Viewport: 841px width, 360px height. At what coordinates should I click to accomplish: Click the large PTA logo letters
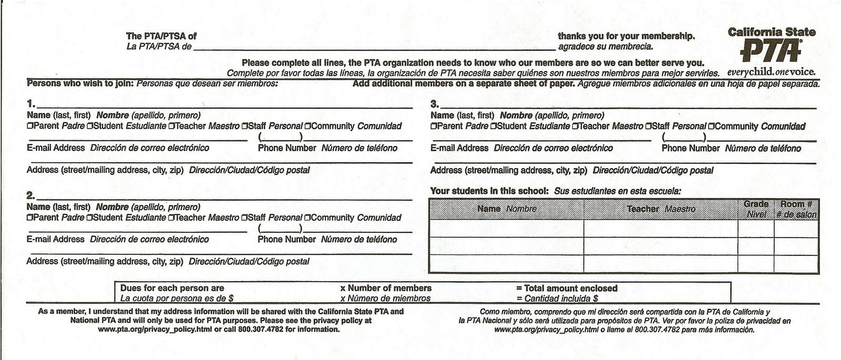771,51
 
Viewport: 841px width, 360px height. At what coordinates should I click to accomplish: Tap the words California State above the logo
771,32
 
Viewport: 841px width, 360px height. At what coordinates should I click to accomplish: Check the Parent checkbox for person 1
29,126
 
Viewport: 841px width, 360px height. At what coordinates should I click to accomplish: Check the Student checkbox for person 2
89,218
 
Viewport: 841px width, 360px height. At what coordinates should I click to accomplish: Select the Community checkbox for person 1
307,126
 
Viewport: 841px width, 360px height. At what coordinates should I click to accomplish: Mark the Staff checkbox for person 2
244,218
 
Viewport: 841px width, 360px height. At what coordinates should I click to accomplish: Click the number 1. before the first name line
31,103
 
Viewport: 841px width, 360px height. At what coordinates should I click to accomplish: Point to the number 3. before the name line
434,104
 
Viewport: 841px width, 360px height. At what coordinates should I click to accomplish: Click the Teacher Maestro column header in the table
661,209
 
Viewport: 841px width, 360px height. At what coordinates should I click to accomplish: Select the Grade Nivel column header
756,209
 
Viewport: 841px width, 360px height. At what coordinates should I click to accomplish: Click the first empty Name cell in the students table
506,229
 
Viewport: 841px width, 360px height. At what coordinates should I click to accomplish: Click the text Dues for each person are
172,288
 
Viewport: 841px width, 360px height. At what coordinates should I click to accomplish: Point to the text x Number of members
386,288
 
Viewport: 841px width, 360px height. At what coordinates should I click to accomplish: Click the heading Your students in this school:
489,191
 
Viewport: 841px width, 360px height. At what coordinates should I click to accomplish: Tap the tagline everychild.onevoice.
771,71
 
